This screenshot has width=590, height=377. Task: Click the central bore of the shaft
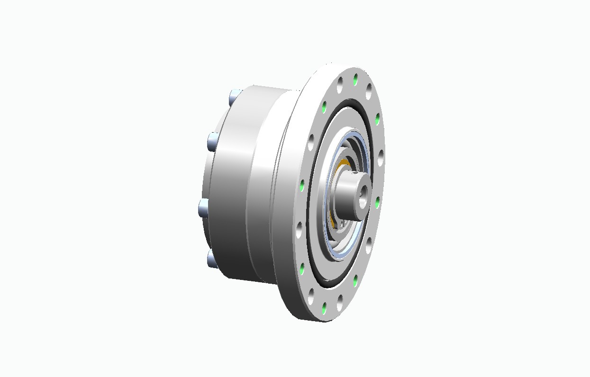[363, 194]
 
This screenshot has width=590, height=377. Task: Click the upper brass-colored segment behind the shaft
[342, 164]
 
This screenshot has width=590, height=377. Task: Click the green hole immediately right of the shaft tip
[377, 203]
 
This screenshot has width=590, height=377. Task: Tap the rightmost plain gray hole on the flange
[380, 156]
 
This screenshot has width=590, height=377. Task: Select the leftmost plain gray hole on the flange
[299, 232]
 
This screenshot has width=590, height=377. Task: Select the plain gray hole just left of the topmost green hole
[340, 86]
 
